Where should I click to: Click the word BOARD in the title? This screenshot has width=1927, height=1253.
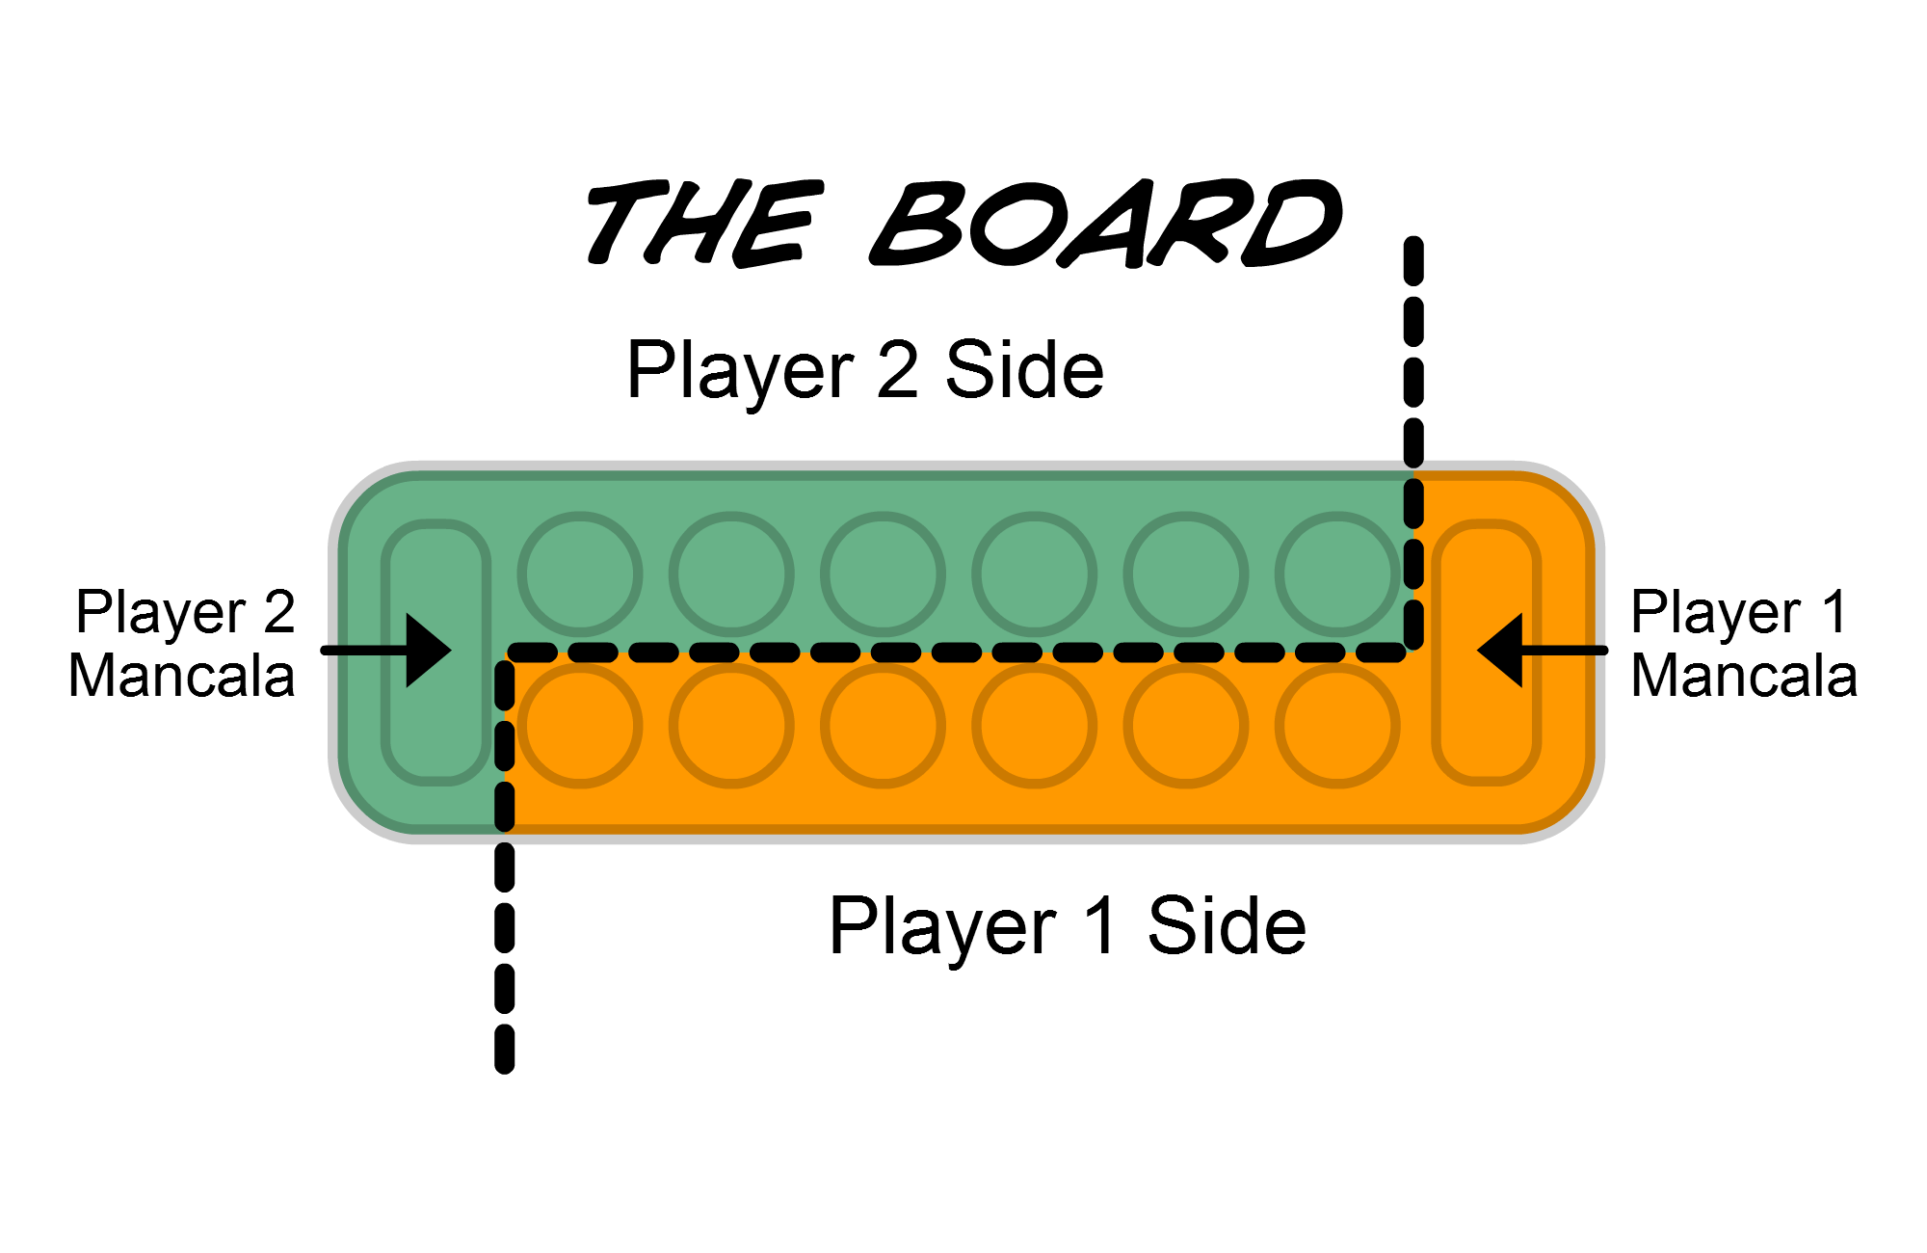1108,224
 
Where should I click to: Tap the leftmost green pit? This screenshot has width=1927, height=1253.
580,574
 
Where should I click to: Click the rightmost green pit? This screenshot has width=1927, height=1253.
1337,574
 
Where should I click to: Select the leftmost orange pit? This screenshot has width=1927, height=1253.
580,726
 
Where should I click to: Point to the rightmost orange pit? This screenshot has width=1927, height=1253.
1337,726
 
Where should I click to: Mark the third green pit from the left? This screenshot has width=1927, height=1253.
883,574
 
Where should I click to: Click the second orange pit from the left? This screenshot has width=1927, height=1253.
731,726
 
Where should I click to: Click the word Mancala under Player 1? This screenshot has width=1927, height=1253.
1744,677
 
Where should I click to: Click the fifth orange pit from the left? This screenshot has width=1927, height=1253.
1186,726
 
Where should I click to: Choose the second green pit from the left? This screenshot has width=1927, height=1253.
731,574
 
